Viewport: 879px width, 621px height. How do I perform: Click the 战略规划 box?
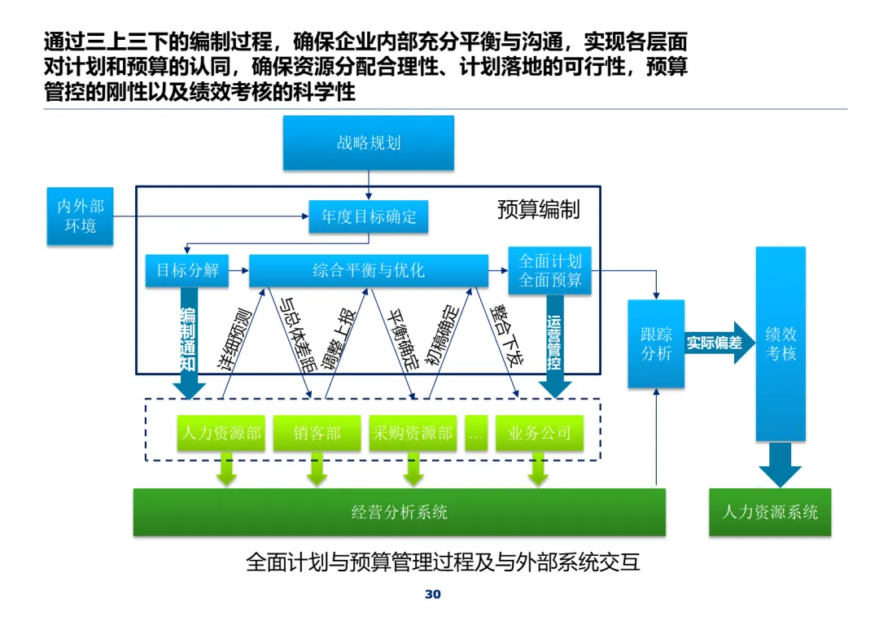(x=369, y=143)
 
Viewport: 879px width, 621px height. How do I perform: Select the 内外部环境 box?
(x=80, y=216)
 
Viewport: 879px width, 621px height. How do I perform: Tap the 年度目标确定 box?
(x=369, y=216)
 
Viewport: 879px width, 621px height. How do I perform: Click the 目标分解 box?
(x=187, y=271)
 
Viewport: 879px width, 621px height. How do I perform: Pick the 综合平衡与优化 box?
(x=369, y=271)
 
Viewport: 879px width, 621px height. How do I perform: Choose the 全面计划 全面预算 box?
(x=550, y=271)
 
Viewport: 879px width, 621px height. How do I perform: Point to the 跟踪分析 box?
(x=656, y=343)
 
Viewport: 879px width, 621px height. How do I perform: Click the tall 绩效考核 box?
(x=781, y=343)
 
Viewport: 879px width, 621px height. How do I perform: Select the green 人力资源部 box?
(x=221, y=433)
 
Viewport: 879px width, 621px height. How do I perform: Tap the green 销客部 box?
(x=317, y=433)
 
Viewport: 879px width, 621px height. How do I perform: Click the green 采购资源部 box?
(x=413, y=433)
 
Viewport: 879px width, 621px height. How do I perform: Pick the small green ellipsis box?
(x=476, y=433)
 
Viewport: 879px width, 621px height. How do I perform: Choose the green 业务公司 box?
(x=540, y=433)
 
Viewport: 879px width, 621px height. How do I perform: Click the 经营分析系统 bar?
(x=399, y=512)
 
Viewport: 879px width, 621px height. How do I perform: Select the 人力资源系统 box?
(x=770, y=512)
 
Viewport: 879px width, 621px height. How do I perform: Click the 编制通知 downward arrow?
(x=189, y=343)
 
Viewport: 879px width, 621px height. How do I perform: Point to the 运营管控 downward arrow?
(x=554, y=345)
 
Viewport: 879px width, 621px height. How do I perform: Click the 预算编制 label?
(x=538, y=210)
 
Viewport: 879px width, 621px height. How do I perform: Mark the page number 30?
(x=433, y=594)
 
